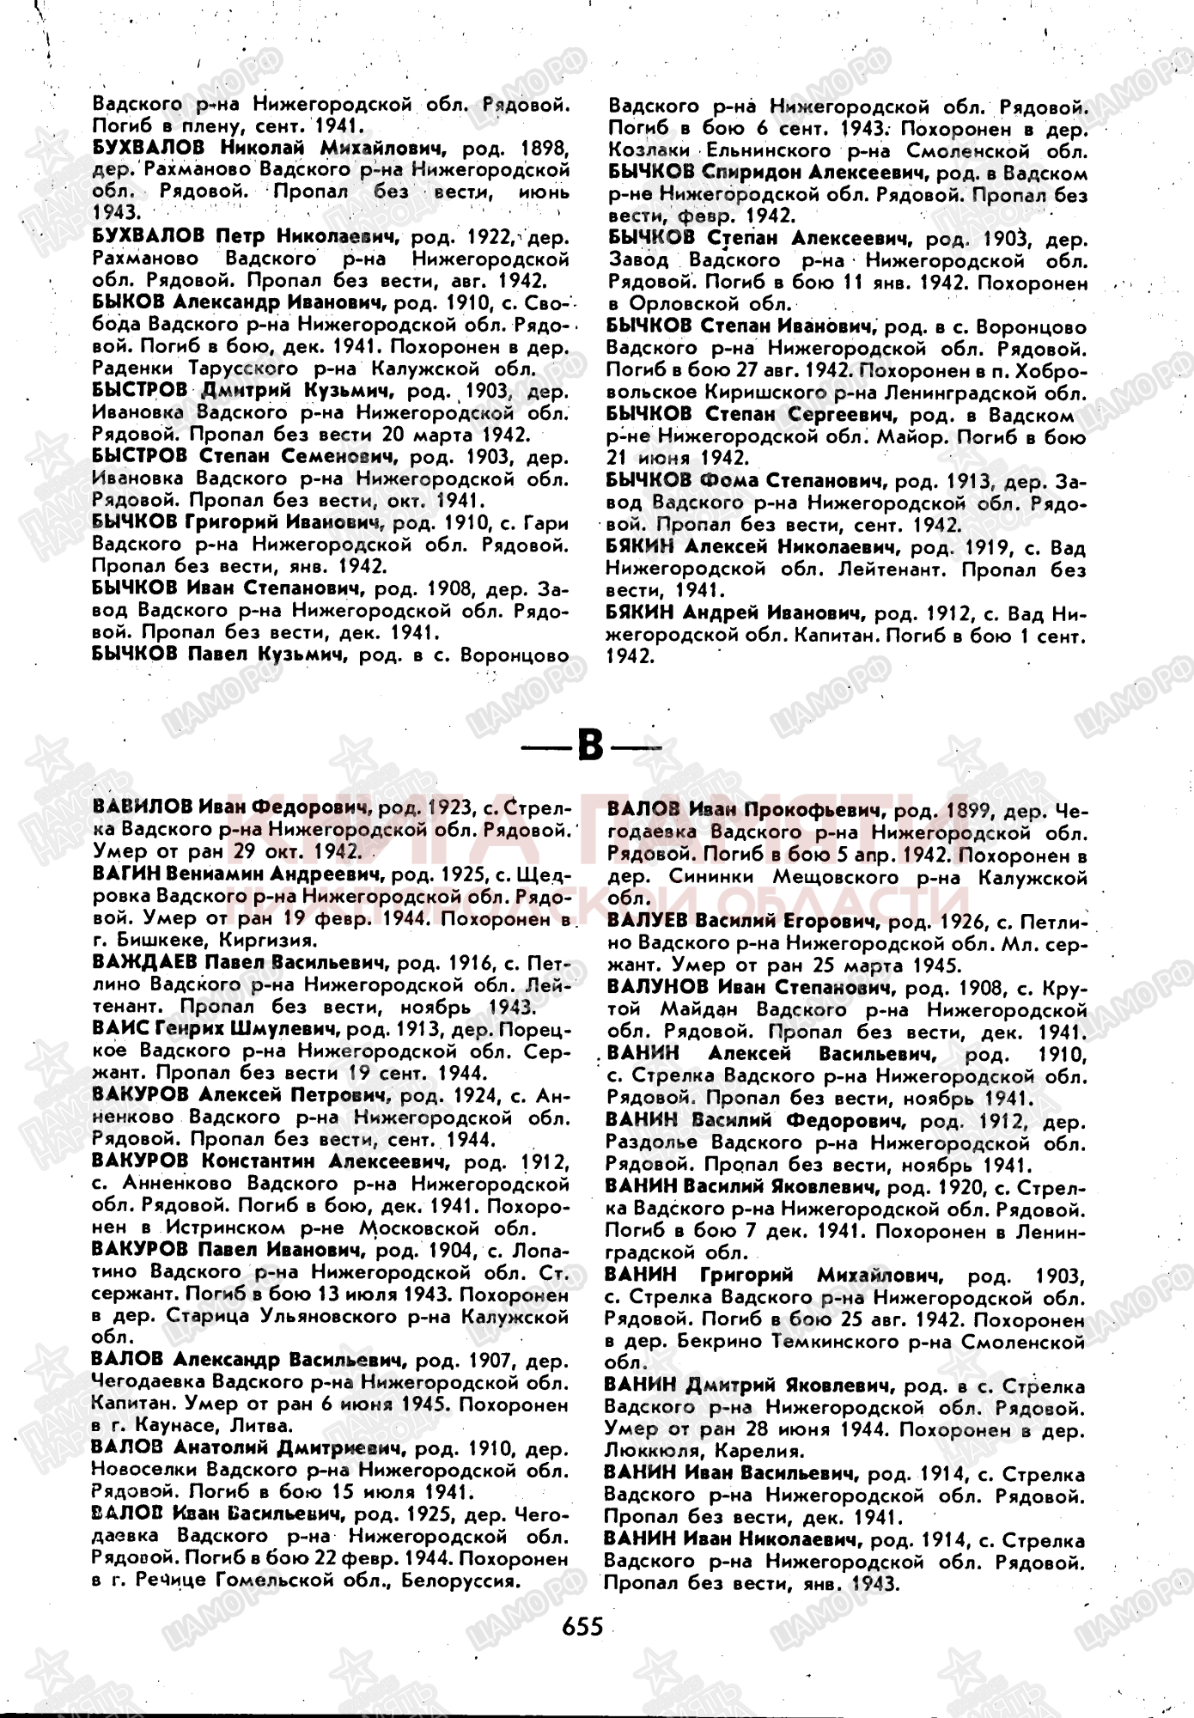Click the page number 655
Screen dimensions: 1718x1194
[583, 1625]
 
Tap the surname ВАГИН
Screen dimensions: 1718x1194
[126, 874]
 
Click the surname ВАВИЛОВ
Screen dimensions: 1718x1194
[142, 807]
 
